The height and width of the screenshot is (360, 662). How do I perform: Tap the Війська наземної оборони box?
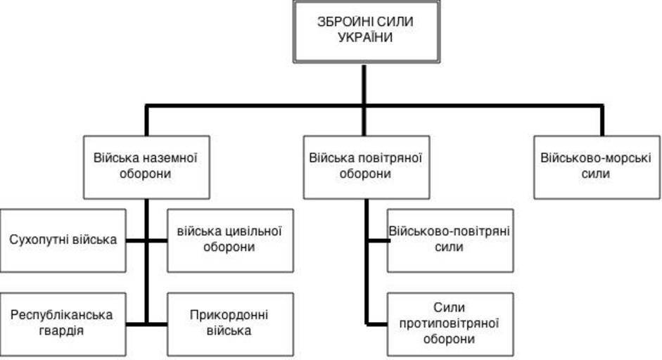[x=146, y=166]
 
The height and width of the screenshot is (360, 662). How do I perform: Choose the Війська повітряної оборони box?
[x=365, y=166]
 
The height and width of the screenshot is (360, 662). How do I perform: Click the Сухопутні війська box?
[x=63, y=240]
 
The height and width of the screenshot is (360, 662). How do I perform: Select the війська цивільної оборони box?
[x=230, y=240]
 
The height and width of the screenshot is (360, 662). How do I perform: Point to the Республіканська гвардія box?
[x=63, y=323]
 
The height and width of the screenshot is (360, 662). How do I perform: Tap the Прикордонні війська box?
[x=230, y=323]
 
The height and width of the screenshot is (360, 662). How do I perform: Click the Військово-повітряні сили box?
[x=450, y=240]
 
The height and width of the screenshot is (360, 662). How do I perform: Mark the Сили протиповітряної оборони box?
[x=450, y=323]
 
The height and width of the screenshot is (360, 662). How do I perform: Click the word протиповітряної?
[x=450, y=323]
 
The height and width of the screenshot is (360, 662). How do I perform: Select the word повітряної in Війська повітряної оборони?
[x=387, y=157]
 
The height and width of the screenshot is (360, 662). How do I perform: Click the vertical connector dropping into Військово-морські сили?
[x=602, y=121]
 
